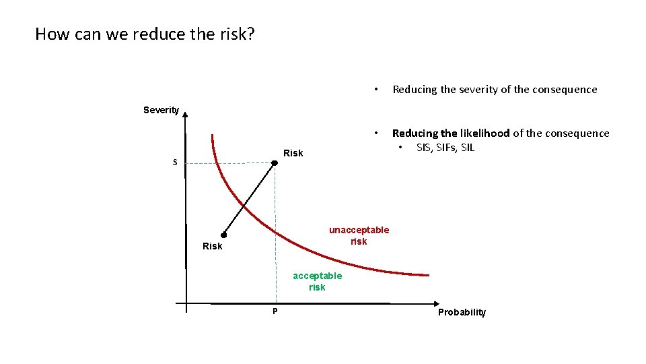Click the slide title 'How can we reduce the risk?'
[145, 34]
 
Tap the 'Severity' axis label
[161, 111]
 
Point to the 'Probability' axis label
[462, 312]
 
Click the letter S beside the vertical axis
[175, 162]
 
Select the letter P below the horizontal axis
[275, 311]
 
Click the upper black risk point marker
[275, 163]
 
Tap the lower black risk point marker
[223, 235]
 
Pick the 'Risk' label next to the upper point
[293, 153]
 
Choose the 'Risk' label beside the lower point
[212, 246]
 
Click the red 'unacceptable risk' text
[359, 236]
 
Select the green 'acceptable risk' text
[317, 281]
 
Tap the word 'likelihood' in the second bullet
[485, 133]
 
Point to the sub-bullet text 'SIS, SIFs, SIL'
[445, 148]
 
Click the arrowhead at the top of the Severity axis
[185, 115]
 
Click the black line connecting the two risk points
[249, 200]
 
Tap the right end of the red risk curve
[427, 275]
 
